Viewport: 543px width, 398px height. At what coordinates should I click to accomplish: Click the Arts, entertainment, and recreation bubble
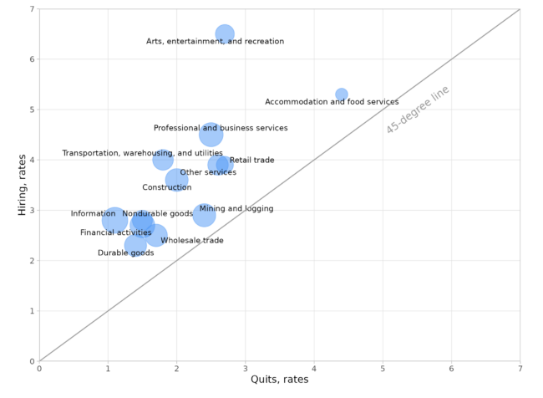click(225, 34)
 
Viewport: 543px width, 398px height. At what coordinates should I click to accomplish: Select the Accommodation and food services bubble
click(342, 94)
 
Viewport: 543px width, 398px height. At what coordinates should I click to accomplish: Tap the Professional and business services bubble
click(211, 135)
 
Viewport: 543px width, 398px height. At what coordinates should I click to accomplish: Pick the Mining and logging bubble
click(204, 216)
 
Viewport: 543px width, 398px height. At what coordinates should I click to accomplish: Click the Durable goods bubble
click(135, 245)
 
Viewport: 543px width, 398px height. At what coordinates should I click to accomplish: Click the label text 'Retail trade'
click(251, 161)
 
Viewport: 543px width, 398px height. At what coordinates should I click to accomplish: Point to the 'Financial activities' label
click(116, 233)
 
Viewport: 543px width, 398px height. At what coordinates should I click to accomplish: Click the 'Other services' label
click(208, 173)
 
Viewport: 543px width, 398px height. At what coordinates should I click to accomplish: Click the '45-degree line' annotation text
click(417, 110)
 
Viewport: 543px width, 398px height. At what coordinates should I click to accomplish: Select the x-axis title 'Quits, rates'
click(279, 380)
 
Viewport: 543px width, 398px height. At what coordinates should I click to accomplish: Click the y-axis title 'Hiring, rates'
click(23, 185)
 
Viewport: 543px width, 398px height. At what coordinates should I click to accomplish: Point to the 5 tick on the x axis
click(383, 368)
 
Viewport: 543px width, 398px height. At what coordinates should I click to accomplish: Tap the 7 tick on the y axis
click(32, 9)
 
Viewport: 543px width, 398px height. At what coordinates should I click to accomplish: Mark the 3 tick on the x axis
click(246, 368)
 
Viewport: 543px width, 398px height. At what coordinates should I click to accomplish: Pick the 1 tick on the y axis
click(32, 311)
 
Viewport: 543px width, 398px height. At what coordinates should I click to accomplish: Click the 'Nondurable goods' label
click(157, 214)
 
